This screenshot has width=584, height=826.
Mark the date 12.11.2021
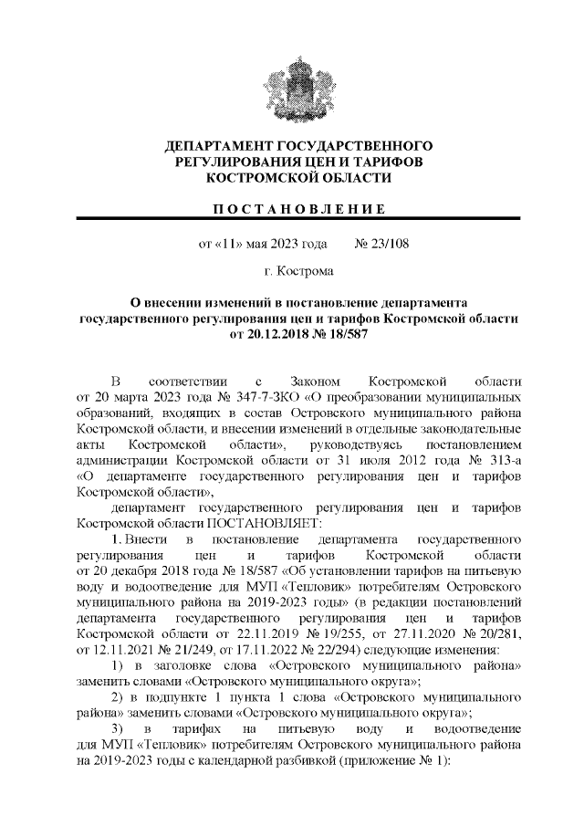click(x=133, y=649)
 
